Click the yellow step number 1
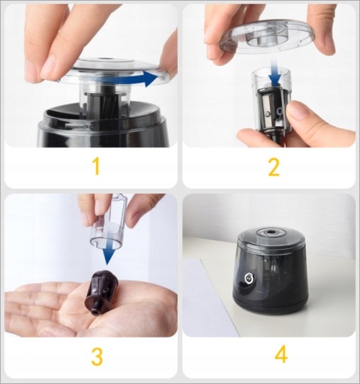coord(97,166)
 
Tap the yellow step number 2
coord(274,167)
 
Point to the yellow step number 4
coord(281,355)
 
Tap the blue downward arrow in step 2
coord(275,73)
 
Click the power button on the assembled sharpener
coord(248,278)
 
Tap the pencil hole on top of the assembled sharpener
coord(270,233)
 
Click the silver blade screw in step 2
coord(268,114)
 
